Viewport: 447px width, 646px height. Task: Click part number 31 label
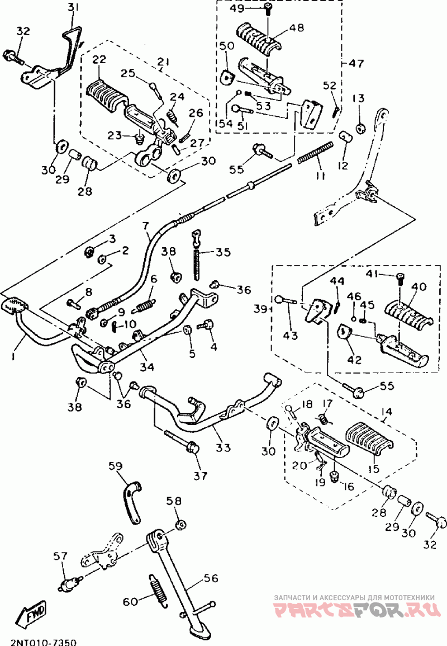click(x=73, y=8)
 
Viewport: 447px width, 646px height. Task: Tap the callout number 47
click(x=356, y=63)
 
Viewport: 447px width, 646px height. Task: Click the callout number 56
click(x=211, y=578)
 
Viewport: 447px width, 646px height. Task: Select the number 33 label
click(x=223, y=447)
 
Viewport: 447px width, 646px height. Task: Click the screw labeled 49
click(x=268, y=8)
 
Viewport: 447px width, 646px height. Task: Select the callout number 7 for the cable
click(x=145, y=226)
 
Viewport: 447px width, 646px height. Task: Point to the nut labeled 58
click(x=180, y=525)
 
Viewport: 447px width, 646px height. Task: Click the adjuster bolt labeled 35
click(x=197, y=254)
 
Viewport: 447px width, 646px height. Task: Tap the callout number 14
click(x=387, y=411)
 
